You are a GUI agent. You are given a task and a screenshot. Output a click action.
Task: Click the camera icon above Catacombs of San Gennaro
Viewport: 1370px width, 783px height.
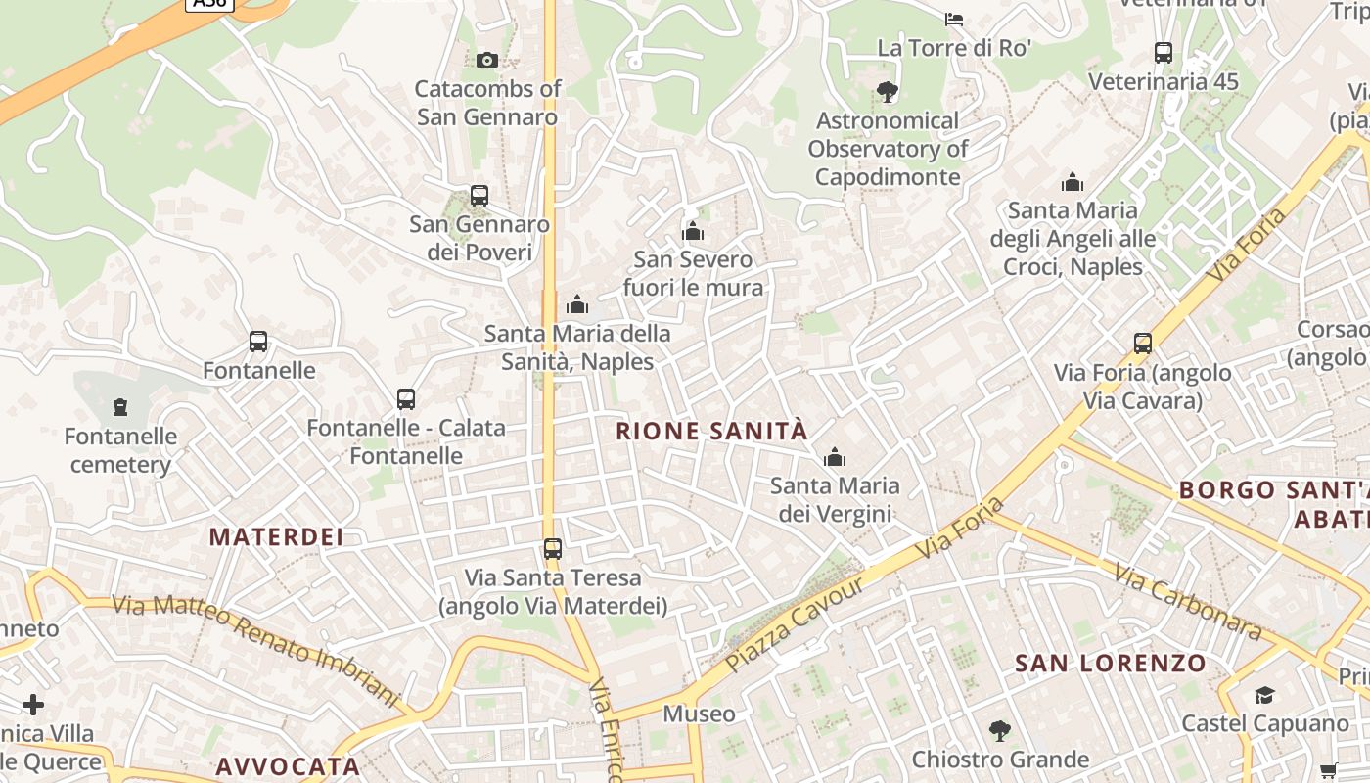click(486, 61)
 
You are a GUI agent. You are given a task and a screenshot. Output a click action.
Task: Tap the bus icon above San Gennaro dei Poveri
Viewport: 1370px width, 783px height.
click(479, 196)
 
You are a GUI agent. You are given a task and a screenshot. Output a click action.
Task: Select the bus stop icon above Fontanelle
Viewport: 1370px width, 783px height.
click(258, 342)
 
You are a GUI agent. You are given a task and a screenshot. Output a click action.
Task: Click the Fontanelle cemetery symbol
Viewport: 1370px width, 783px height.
click(120, 406)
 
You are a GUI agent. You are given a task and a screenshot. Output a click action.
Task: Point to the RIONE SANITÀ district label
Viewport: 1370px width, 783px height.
click(711, 431)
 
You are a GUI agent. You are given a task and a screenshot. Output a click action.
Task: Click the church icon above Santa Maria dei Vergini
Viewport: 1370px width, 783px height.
click(834, 457)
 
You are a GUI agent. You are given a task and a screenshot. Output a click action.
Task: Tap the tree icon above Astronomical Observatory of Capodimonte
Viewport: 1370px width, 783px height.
click(887, 93)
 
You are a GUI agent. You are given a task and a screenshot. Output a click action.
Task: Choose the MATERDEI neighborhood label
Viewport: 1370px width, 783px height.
click(277, 536)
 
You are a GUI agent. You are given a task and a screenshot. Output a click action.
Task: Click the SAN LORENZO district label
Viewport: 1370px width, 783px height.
click(1111, 664)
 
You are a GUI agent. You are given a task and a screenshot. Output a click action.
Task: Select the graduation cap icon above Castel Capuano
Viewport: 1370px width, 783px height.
click(1264, 696)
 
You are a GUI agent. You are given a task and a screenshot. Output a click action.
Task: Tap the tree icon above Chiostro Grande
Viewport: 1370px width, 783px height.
click(999, 730)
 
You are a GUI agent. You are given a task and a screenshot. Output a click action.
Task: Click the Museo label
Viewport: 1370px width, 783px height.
click(699, 714)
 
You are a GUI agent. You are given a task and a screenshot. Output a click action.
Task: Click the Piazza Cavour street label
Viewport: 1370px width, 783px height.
click(796, 625)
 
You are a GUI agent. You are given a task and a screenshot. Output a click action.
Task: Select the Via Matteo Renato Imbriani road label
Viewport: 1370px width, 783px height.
click(256, 649)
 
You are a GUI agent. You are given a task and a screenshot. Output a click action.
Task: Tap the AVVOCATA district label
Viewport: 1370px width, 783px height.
click(288, 765)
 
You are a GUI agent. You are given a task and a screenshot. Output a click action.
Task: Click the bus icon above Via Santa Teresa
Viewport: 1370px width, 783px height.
click(553, 549)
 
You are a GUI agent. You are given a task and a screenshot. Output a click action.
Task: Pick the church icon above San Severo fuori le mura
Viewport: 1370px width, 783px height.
click(693, 232)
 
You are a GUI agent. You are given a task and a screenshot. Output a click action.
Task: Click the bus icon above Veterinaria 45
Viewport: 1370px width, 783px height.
click(1164, 53)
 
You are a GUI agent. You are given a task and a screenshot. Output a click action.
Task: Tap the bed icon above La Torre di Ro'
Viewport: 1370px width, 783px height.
click(953, 19)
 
